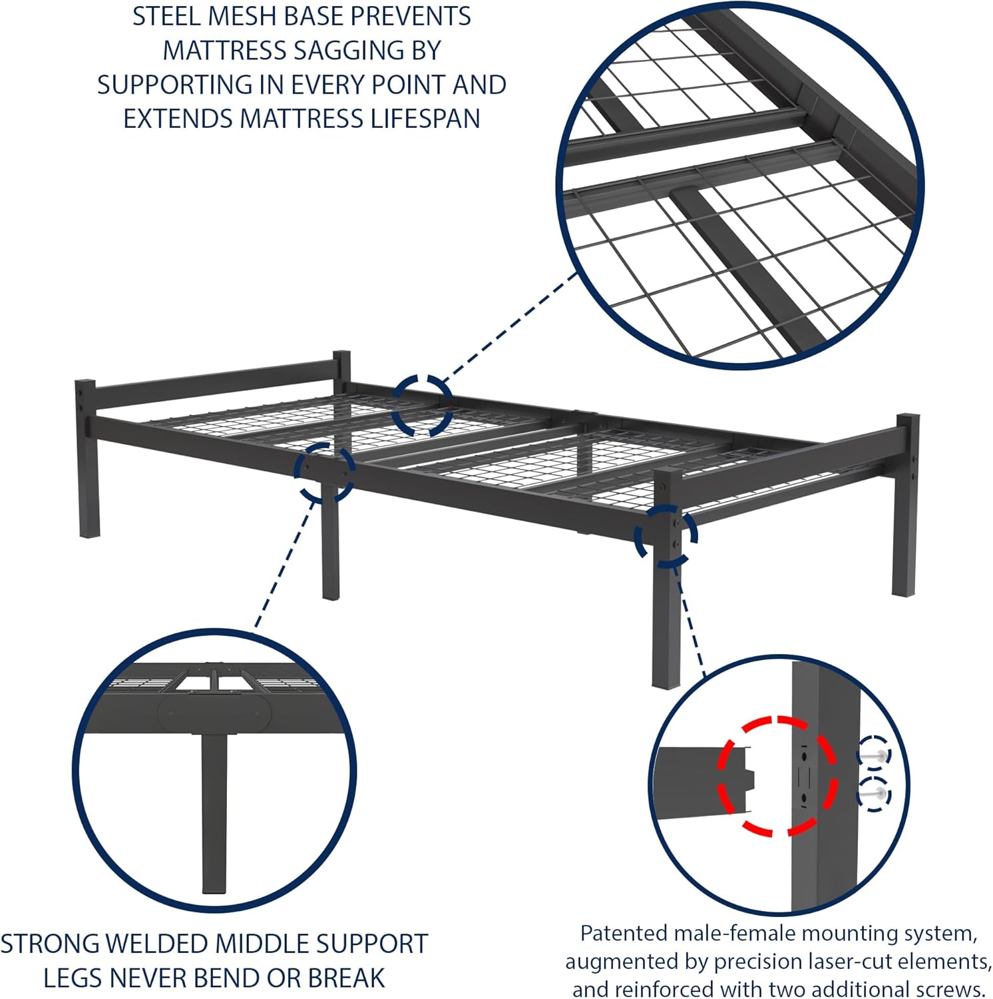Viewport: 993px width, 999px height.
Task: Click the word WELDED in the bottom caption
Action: click(x=159, y=944)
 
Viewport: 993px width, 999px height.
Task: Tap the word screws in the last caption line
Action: click(x=945, y=988)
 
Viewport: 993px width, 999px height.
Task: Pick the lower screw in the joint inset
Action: click(x=874, y=794)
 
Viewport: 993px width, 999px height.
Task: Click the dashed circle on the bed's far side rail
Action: click(x=422, y=405)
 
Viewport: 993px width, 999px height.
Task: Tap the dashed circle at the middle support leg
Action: click(x=325, y=472)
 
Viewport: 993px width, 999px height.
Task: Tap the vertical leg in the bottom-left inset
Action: click(x=214, y=813)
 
